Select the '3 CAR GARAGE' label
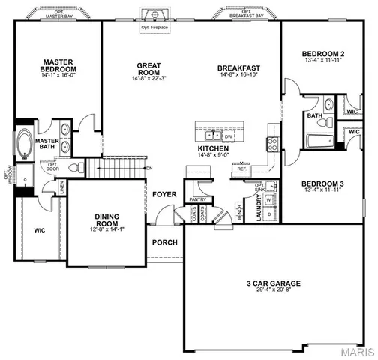[273, 283]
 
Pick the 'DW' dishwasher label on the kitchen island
[228, 136]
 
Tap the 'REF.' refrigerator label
[241, 169]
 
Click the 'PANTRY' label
[198, 199]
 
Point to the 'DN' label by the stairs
[149, 167]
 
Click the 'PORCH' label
[164, 242]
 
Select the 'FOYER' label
[164, 194]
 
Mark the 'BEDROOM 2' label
[322, 54]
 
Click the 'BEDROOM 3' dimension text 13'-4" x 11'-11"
[322, 190]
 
